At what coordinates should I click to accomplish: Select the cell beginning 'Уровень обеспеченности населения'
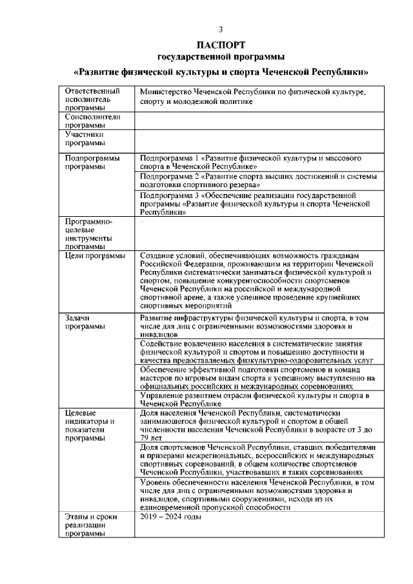click(x=258, y=495)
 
